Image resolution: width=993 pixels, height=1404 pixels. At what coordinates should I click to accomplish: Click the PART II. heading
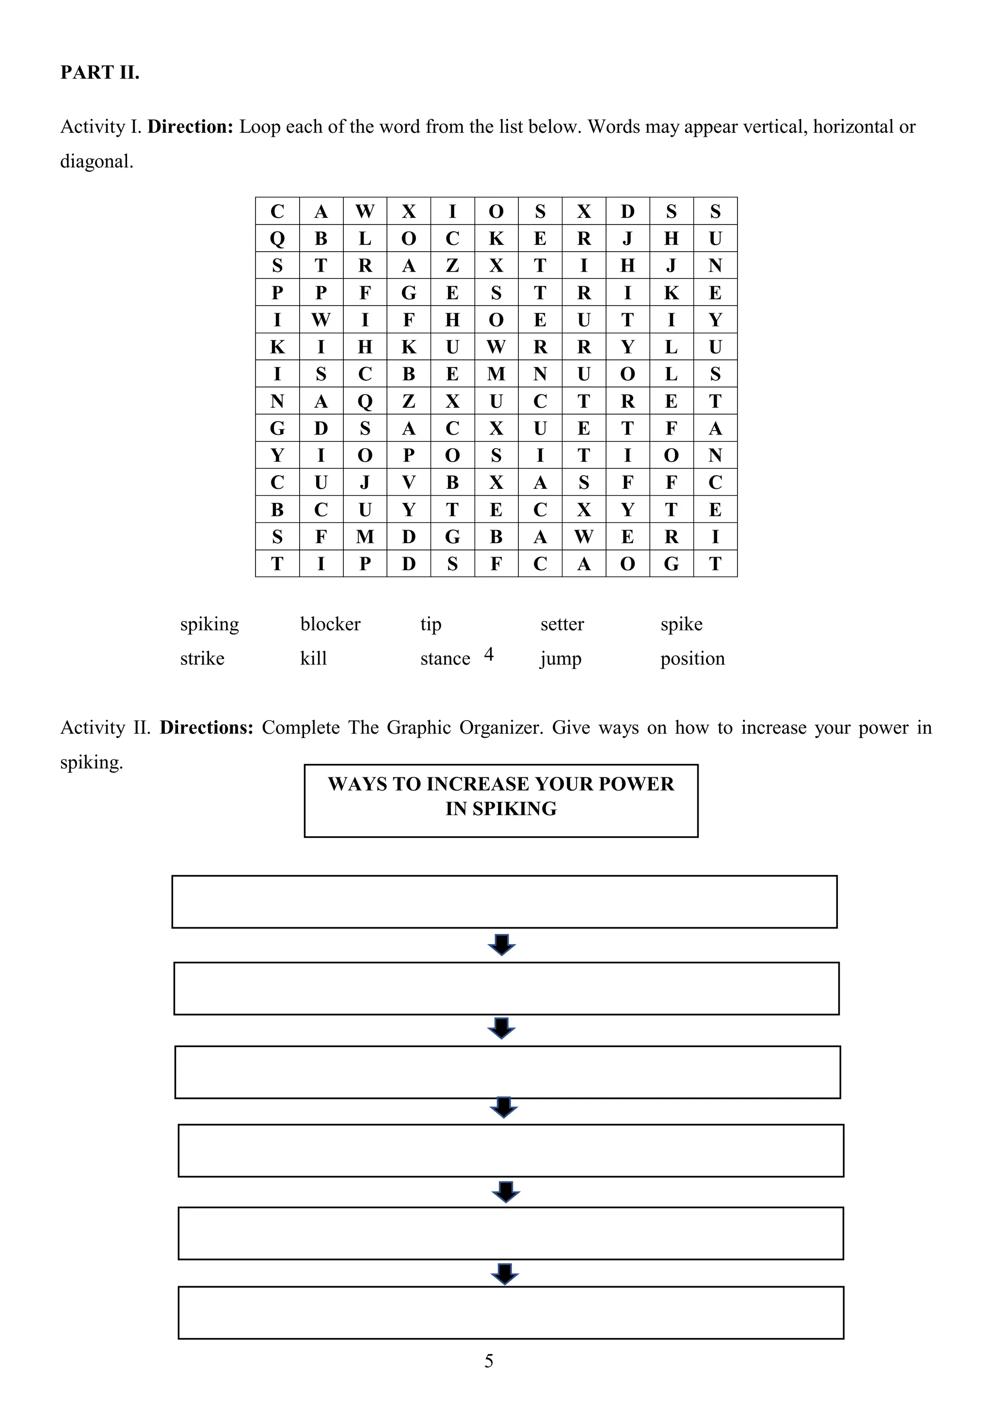pos(100,72)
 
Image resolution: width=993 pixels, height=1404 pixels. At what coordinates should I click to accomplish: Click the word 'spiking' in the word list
pos(209,624)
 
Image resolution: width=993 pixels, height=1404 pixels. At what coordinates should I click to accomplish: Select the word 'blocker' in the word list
pos(330,624)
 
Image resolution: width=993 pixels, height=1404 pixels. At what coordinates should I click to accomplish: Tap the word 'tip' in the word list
pos(431,624)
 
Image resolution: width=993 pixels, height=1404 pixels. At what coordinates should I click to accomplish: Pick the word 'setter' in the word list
pos(562,624)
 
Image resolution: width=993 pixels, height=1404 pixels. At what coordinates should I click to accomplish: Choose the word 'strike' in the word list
pos(202,659)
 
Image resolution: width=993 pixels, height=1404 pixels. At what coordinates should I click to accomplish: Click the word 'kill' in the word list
pos(313,659)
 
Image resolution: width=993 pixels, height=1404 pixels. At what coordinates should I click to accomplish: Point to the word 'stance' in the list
pos(445,659)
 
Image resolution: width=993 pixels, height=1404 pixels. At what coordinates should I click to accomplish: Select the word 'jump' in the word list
pos(560,659)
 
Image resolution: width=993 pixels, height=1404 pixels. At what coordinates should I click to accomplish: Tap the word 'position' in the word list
pos(692,659)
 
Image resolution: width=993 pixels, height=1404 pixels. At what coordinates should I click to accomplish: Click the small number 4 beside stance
pos(489,654)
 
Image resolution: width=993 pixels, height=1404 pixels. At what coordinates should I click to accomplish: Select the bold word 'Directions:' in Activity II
pos(206,727)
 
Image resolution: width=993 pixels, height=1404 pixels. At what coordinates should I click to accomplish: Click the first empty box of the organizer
pos(504,902)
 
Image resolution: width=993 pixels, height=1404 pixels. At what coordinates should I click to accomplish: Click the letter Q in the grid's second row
pos(277,239)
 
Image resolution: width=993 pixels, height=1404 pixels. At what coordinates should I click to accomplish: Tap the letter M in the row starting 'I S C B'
pos(496,373)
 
